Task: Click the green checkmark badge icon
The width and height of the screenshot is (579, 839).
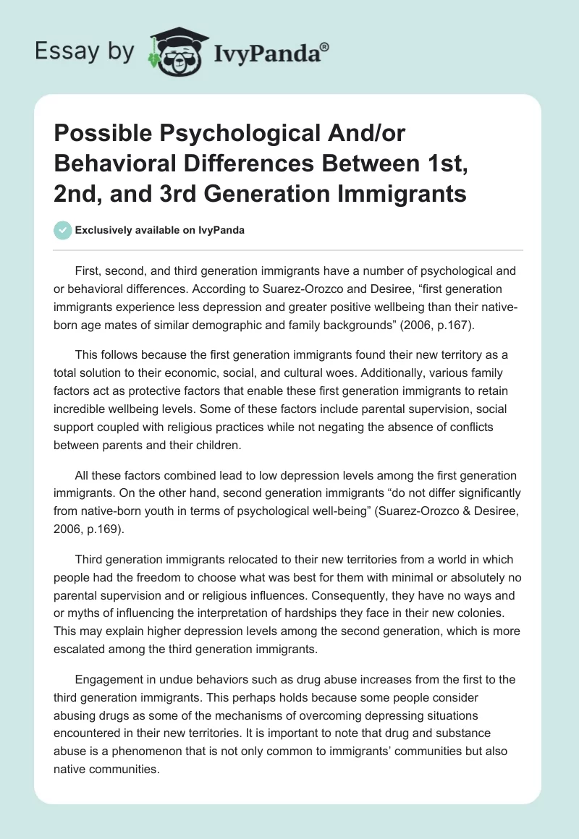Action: [62, 230]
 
